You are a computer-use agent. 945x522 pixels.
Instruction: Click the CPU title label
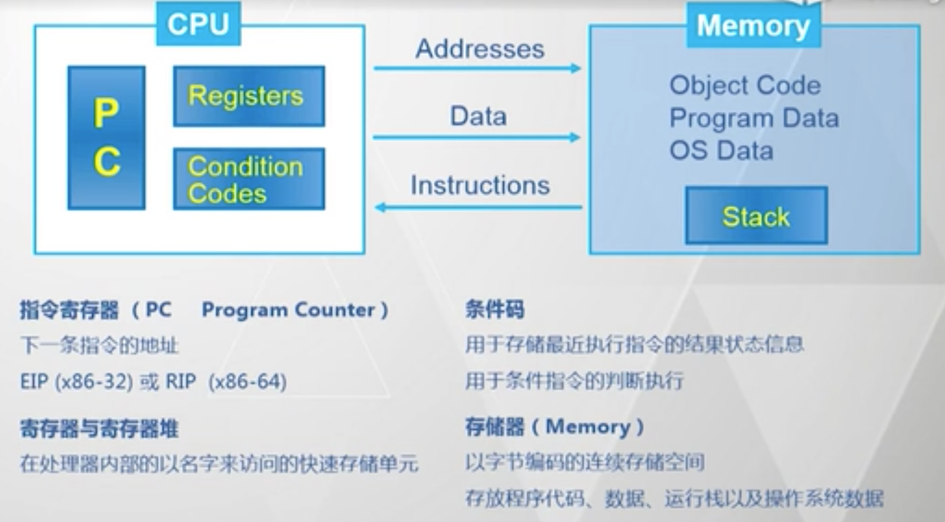[198, 25]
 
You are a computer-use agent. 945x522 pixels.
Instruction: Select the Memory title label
[753, 26]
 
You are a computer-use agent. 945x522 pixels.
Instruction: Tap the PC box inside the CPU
[106, 137]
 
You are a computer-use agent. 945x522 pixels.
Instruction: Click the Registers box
[248, 96]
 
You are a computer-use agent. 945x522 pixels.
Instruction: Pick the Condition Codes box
[248, 179]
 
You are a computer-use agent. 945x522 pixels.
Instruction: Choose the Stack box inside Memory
[756, 217]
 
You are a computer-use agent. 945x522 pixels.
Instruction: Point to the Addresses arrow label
[480, 49]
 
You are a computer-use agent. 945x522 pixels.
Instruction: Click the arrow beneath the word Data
[477, 137]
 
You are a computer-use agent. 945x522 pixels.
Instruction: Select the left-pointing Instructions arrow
[479, 206]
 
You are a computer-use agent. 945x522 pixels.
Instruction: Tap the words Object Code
[745, 85]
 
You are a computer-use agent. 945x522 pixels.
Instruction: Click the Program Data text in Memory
[754, 118]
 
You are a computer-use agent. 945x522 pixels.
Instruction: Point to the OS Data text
[721, 150]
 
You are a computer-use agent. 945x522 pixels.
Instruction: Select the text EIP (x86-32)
[76, 381]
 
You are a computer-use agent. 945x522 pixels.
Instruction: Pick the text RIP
[181, 381]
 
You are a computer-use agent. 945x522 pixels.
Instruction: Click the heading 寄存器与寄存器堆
[99, 429]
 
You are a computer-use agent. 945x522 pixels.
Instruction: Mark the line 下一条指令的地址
[99, 346]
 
